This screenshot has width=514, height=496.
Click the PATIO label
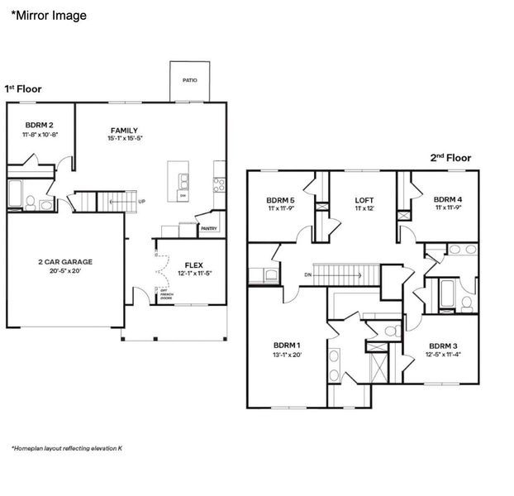[x=190, y=81]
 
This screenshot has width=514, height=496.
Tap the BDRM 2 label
[x=40, y=124]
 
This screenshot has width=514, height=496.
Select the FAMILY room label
[x=125, y=130]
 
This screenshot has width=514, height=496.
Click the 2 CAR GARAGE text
[x=65, y=262]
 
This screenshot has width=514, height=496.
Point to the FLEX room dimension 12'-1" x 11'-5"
[x=194, y=274]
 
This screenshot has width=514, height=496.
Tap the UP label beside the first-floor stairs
[x=142, y=201]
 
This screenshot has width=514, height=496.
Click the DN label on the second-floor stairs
[x=308, y=274]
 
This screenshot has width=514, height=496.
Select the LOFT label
[x=364, y=200]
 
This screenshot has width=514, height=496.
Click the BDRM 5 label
[x=280, y=200]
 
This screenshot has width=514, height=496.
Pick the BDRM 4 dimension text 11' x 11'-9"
[x=449, y=209]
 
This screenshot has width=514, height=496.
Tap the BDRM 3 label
[x=443, y=346]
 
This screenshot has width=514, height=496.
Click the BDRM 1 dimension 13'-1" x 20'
[x=287, y=355]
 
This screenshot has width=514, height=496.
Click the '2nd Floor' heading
[x=450, y=157]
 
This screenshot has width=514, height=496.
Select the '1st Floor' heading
[x=23, y=88]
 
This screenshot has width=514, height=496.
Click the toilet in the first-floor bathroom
[x=30, y=202]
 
